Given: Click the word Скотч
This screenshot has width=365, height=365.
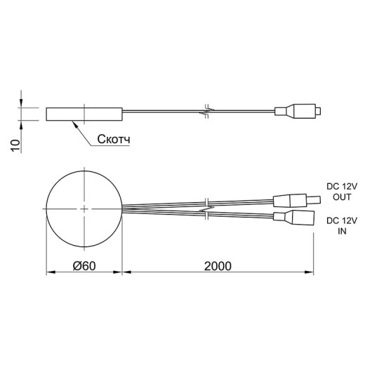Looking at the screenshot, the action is [x=114, y=139].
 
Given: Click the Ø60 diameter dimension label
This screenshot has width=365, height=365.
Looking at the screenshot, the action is [x=84, y=266].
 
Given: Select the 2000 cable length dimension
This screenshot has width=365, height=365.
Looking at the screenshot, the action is [x=218, y=266].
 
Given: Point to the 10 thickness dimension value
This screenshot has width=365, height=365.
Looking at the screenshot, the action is [x=15, y=145].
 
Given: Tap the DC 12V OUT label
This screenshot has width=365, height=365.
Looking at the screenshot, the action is [x=342, y=192].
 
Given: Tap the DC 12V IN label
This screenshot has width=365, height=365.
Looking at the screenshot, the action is [x=342, y=226].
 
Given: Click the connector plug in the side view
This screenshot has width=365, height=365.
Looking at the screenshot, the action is [x=298, y=111].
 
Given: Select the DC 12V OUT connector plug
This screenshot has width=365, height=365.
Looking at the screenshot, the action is [x=297, y=201].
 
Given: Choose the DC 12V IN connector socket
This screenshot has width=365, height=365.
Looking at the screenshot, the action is [x=293, y=218].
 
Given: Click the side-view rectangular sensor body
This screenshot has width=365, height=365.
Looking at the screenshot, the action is [x=84, y=114].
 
